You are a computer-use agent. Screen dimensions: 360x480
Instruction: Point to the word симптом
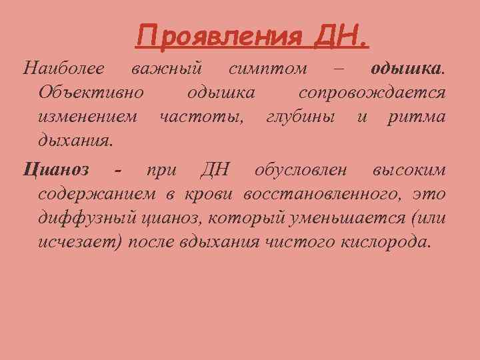click(x=268, y=69)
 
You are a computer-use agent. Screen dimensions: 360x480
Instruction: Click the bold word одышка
click(x=406, y=69)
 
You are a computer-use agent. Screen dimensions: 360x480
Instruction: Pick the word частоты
click(x=201, y=117)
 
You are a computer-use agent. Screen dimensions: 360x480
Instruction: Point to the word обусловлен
click(x=301, y=170)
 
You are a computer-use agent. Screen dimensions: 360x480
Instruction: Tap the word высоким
click(x=409, y=170)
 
